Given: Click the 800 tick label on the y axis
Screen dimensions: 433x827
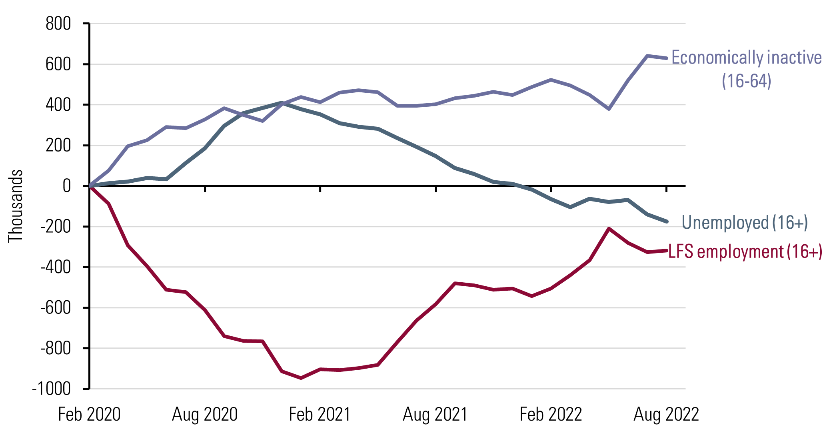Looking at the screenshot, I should (x=58, y=24).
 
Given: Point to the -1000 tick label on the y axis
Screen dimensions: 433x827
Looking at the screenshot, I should (x=52, y=389).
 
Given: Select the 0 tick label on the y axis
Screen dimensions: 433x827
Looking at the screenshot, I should (x=66, y=186).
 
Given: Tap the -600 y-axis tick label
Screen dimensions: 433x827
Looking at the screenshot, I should (x=56, y=308).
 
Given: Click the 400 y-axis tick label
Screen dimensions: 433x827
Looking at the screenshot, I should (x=58, y=105).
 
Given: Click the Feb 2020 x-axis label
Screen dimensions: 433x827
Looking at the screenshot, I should (x=89, y=414).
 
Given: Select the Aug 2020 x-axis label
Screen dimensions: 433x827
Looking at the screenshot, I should (x=205, y=414).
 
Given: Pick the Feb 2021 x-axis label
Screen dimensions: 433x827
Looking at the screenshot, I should (x=320, y=414).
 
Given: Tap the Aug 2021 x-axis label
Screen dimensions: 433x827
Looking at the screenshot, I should (x=435, y=414).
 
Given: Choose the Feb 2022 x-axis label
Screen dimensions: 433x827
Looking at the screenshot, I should (x=551, y=414).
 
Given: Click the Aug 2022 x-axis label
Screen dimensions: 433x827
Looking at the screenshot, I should (x=666, y=414).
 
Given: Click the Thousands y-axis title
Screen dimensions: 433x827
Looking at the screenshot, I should (x=16, y=206).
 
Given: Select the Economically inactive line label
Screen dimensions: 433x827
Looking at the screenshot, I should (x=746, y=58).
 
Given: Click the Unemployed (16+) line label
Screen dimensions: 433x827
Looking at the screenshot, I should (x=745, y=222).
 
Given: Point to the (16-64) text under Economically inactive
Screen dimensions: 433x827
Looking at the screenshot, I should (x=746, y=81).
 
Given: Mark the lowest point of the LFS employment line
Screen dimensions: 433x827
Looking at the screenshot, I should (x=301, y=378).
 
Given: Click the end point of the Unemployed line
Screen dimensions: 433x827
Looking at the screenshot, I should (x=666, y=221).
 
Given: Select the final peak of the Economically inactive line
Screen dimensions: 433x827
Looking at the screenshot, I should (x=647, y=56).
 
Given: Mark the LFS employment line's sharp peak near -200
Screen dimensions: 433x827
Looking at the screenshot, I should (x=609, y=229).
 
